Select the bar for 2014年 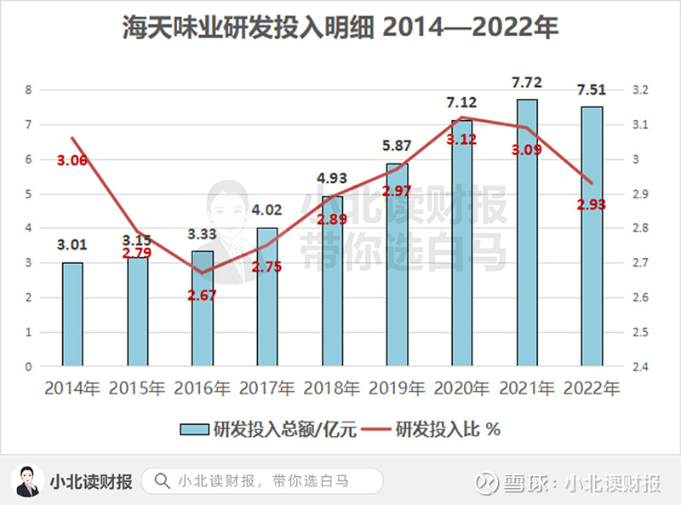(x=72, y=314)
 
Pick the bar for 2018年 (x=332, y=281)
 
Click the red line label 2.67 (x=201, y=295)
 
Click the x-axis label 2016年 (x=202, y=389)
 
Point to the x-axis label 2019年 (x=398, y=389)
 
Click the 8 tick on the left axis (x=28, y=89)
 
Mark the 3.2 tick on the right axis (x=641, y=89)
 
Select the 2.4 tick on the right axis (x=641, y=367)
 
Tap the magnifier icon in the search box (x=161, y=482)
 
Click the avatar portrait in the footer (x=28, y=482)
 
